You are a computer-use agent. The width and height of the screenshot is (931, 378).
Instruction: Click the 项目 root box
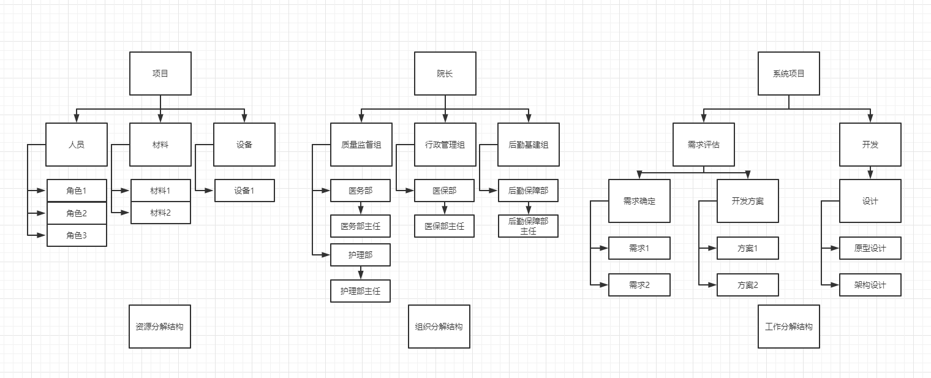[160, 74]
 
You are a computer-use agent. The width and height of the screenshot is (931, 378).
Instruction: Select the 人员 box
[77, 145]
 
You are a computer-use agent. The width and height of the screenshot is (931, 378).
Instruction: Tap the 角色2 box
[77, 213]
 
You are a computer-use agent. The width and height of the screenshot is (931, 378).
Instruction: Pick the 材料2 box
[160, 213]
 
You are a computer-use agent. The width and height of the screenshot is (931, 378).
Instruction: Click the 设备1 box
[244, 191]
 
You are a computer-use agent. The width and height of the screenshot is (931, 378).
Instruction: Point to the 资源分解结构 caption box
[160, 327]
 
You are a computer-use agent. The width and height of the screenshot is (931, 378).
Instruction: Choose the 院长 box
[445, 74]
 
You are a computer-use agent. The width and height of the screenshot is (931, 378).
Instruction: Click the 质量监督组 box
[361, 145]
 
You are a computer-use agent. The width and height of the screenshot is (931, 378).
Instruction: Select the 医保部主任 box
[445, 226]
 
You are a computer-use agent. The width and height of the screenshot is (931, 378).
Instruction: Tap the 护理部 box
[361, 255]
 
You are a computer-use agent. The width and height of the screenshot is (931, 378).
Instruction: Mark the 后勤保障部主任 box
[529, 226]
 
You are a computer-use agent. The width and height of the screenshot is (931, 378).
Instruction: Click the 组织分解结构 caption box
[439, 327]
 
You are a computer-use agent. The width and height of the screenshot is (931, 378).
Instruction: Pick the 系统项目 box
[789, 74]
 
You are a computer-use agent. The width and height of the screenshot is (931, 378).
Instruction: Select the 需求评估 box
[704, 145]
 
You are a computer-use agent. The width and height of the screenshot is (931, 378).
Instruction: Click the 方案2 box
[748, 285]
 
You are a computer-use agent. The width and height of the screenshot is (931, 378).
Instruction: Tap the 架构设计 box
[870, 285]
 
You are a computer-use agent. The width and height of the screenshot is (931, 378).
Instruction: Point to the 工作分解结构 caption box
[789, 327]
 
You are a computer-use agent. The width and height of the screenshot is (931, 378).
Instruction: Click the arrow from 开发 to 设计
[870, 172]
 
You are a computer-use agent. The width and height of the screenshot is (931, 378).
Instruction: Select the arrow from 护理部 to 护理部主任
[361, 273]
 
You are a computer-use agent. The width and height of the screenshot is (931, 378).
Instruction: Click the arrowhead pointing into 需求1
[605, 248]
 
